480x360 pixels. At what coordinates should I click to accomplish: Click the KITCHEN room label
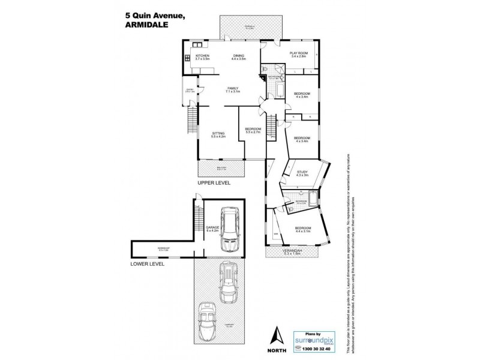(x=202, y=57)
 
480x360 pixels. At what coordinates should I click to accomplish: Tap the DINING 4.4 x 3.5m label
(x=239, y=57)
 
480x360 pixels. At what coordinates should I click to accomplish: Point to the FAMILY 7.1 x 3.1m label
(x=233, y=90)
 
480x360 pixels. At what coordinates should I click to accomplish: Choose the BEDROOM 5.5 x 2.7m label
(x=253, y=131)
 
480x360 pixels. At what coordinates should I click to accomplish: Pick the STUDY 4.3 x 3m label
(x=302, y=174)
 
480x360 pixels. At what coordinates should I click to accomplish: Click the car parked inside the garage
(x=229, y=230)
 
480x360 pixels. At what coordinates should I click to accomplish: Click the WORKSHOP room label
(x=163, y=248)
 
